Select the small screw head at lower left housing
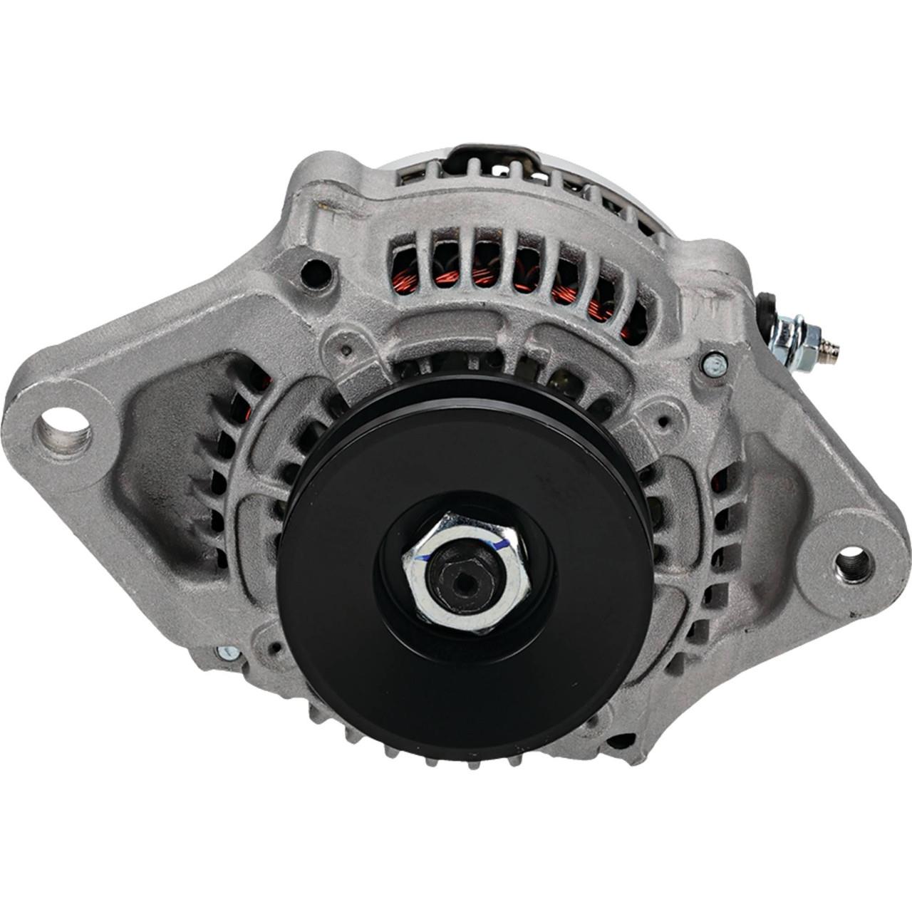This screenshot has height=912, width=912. [227, 652]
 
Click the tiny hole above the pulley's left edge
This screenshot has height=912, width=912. [345, 350]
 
